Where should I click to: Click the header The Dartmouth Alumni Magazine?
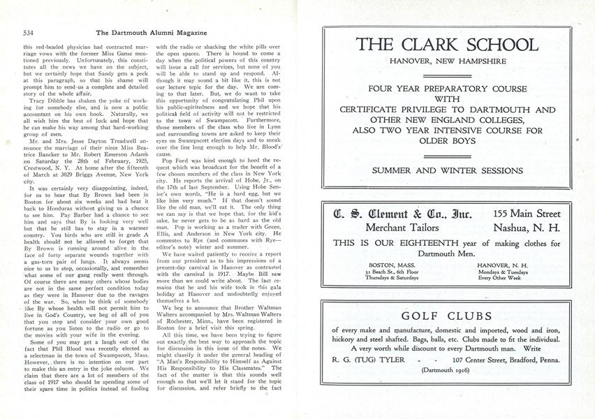point(150,32)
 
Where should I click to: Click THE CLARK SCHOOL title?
point(448,46)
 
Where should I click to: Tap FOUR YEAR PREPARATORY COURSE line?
point(448,89)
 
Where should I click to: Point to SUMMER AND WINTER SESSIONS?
point(448,170)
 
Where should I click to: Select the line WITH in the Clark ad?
point(448,99)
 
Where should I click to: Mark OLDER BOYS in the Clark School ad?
point(448,141)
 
